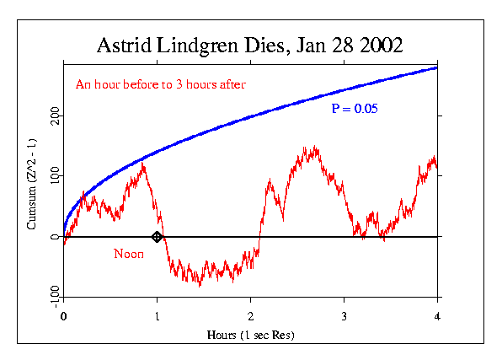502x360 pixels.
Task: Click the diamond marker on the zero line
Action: tap(157, 237)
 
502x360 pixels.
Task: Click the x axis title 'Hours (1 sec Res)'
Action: tap(250, 335)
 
